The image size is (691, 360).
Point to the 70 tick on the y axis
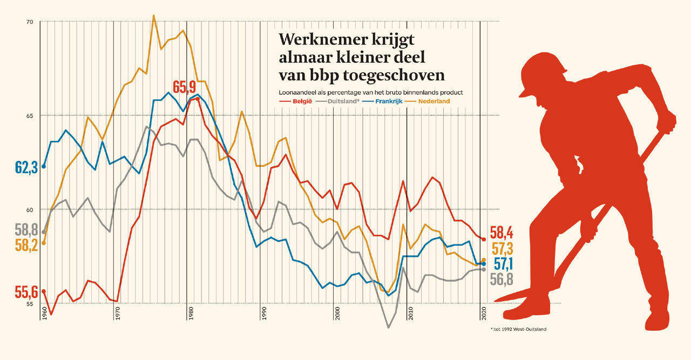pyautogui.click(x=29, y=22)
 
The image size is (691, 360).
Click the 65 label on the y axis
pyautogui.click(x=29, y=116)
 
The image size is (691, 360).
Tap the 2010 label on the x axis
pyautogui.click(x=411, y=314)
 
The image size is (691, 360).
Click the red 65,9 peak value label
pyautogui.click(x=184, y=87)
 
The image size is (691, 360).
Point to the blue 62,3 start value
pyautogui.click(x=26, y=167)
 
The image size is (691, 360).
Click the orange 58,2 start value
pyautogui.click(x=26, y=246)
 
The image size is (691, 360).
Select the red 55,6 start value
pyautogui.click(x=26, y=293)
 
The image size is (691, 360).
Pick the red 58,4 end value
pyautogui.click(x=501, y=233)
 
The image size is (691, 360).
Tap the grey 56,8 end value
pyautogui.click(x=501, y=279)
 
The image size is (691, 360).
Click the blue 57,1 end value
pyautogui.click(x=503, y=263)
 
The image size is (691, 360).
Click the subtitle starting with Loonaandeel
pyautogui.click(x=371, y=92)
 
